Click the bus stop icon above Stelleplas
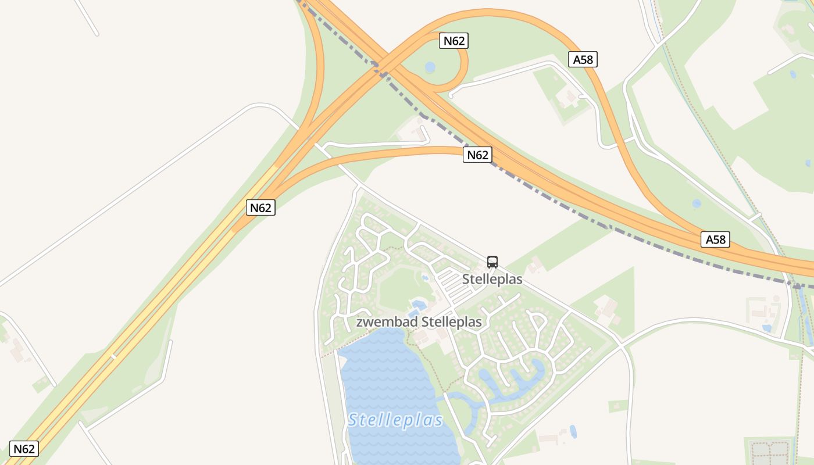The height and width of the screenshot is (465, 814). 492,262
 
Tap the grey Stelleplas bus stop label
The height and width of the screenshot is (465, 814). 492,280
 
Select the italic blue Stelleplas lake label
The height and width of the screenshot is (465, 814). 395,420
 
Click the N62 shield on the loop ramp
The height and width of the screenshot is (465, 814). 454,41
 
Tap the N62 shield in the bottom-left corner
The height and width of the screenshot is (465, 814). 24,449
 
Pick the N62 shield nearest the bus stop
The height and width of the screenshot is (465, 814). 477,155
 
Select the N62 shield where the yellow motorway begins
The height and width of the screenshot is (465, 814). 260,208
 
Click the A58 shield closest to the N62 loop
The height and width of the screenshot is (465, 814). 583,59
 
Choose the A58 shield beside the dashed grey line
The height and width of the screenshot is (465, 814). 715,239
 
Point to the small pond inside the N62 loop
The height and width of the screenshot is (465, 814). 430,67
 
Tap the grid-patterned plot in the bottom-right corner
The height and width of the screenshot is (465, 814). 769,450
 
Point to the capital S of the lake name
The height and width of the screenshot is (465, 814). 353,420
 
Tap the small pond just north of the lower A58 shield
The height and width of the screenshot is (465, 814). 697,203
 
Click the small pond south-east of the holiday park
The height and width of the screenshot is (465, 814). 573,431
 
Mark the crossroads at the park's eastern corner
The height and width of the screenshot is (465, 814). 623,345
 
